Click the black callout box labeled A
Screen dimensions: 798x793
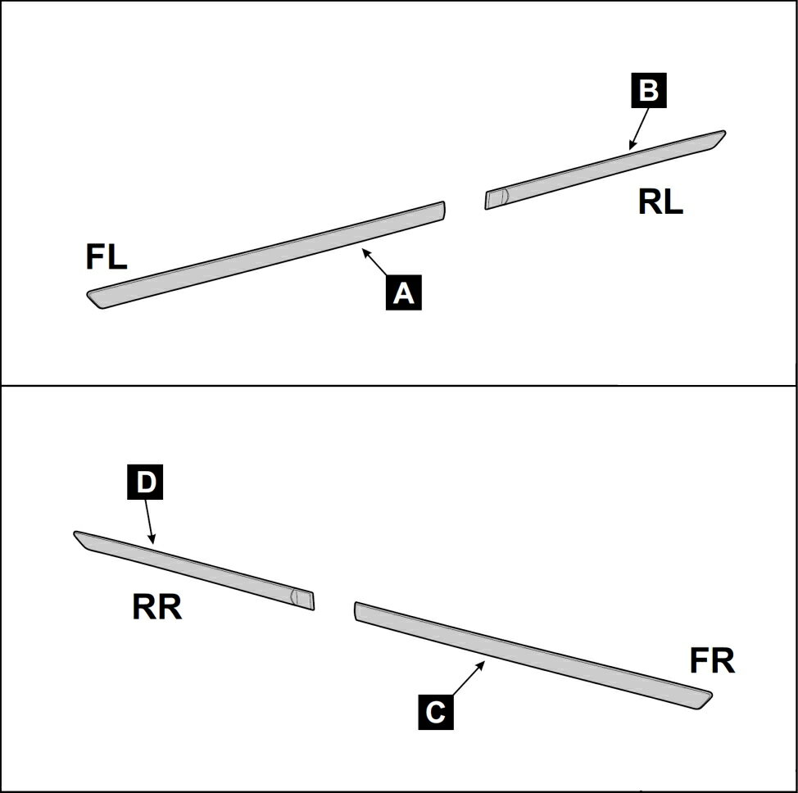[x=404, y=292]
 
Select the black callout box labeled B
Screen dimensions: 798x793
[x=649, y=90]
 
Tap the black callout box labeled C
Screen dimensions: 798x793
[x=436, y=712]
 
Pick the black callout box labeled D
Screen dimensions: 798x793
[x=145, y=482]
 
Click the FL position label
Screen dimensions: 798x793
[x=107, y=257]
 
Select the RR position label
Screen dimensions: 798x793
[x=156, y=607]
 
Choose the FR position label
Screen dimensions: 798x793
[x=713, y=660]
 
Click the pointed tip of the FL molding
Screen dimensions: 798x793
[x=88, y=293]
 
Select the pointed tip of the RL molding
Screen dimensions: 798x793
[x=725, y=133]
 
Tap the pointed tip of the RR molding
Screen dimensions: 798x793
[x=75, y=532]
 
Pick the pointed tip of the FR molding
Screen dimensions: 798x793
[x=711, y=694]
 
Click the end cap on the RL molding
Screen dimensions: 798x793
[x=496, y=198]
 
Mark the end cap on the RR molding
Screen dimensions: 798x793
[x=303, y=599]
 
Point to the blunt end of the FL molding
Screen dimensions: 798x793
[x=444, y=211]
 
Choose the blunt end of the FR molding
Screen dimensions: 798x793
[x=356, y=611]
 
